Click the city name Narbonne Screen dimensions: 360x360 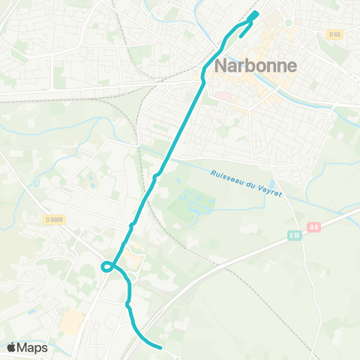click(256, 65)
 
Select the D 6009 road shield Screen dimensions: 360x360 click(52, 219)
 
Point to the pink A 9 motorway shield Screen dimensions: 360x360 click(314, 226)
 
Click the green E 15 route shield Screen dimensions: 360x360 click(295, 235)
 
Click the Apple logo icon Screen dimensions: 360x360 click(13, 347)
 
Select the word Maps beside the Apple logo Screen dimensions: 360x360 click(34, 347)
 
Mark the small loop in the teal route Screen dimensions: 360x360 click(107, 265)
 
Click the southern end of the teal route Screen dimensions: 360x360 click(161, 347)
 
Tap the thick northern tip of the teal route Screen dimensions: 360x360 click(253, 15)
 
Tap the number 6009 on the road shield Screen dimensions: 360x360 click(55, 219)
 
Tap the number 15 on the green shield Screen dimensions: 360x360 click(297, 235)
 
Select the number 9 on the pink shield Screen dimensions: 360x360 click(317, 226)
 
